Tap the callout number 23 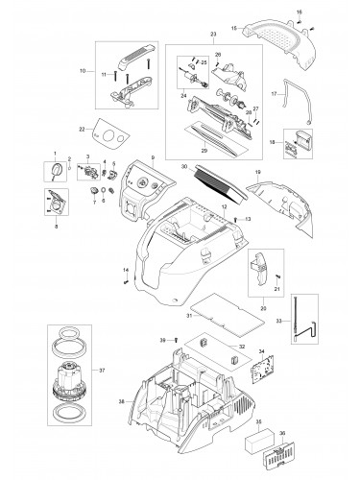tap(200, 35)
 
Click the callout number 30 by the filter tap(181, 166)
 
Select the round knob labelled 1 tap(56, 169)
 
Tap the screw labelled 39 tap(178, 340)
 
